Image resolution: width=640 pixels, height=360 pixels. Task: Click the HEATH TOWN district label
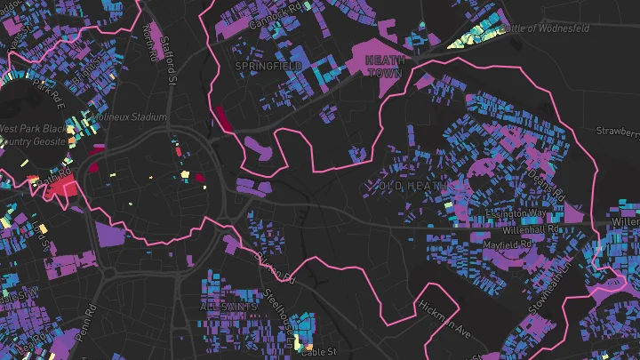[384, 65]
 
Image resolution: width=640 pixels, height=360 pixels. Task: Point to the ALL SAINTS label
[228, 307]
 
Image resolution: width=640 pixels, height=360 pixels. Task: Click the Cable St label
[318, 352]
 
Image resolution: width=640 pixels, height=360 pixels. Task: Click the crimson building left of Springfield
[220, 117]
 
